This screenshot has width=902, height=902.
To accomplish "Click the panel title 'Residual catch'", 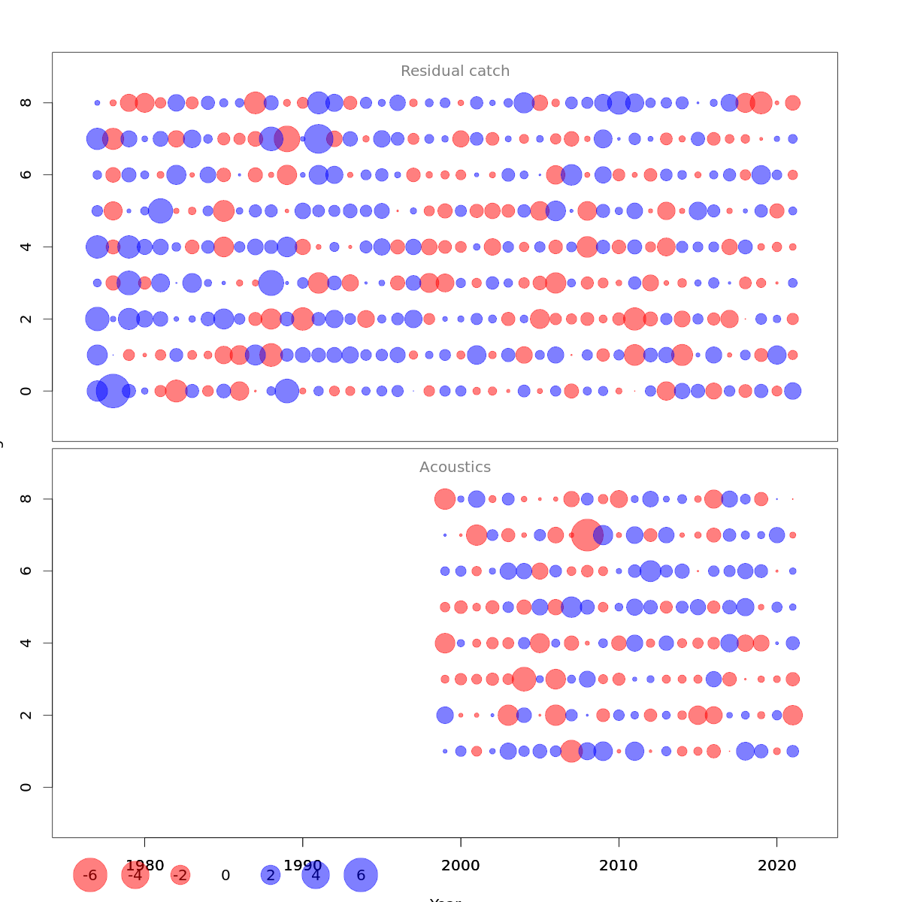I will click(x=455, y=71).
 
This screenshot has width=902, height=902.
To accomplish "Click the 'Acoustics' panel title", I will click(x=455, y=468).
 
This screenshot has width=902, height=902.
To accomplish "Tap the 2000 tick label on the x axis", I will click(x=461, y=866).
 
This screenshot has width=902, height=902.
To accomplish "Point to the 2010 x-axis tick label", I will click(x=619, y=866).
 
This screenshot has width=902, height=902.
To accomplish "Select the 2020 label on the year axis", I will click(x=776, y=866).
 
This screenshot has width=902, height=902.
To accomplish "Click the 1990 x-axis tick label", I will click(x=303, y=866).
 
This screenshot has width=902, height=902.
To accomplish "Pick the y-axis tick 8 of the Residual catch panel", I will click(x=26, y=102).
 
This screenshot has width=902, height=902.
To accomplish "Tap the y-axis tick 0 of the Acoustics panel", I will click(x=26, y=787).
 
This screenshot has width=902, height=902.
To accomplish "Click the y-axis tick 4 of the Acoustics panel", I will click(x=26, y=643).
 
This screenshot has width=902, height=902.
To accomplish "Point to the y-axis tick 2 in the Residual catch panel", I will click(x=26, y=319).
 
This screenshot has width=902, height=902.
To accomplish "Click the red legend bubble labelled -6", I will click(x=90, y=875).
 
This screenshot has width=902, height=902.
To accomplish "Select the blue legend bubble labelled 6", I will click(x=361, y=875).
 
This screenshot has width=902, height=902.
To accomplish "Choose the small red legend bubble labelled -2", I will click(x=180, y=875).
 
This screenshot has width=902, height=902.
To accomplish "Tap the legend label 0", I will click(x=225, y=876).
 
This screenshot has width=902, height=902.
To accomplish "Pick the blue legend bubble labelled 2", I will click(x=271, y=875).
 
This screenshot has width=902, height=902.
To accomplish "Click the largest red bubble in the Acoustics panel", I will click(x=586, y=534).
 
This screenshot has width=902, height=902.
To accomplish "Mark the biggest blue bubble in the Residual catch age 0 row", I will click(x=113, y=391).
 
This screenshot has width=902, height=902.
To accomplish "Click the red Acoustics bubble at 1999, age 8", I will click(x=445, y=498).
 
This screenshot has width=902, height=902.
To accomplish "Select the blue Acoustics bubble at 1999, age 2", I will click(x=445, y=715).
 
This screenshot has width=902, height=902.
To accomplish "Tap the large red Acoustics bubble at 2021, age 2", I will click(x=792, y=715).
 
